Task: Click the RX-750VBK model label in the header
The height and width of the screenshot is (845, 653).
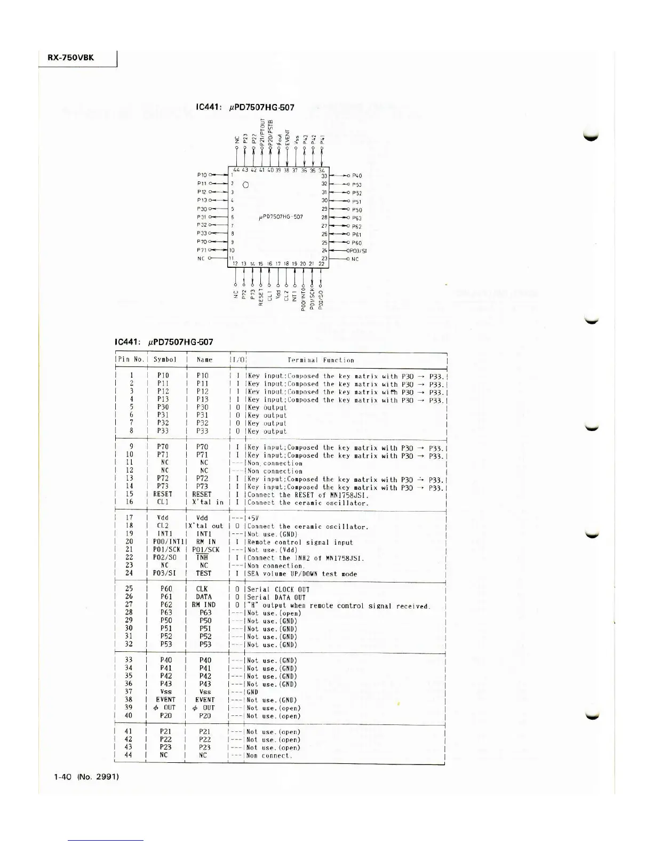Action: [x=71, y=58]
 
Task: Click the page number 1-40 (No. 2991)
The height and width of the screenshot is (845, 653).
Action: [x=86, y=777]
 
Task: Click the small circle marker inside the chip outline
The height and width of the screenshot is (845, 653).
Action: [x=245, y=185]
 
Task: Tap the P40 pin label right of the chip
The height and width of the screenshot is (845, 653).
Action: [x=357, y=176]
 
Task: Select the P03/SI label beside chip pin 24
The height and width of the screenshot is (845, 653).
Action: [x=357, y=251]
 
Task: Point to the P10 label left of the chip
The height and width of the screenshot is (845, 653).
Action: [x=202, y=175]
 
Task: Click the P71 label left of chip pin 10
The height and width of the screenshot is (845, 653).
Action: [x=202, y=250]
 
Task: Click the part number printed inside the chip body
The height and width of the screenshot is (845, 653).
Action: [x=281, y=217]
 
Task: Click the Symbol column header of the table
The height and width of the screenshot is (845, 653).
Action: [x=164, y=360]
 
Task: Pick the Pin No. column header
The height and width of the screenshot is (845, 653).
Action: [x=131, y=360]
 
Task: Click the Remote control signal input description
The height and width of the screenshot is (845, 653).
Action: [x=300, y=542]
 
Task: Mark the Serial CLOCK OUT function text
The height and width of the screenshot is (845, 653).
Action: [x=278, y=589]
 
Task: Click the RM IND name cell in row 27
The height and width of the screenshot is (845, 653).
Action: [x=204, y=605]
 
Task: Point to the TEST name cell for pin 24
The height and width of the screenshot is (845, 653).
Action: [x=203, y=573]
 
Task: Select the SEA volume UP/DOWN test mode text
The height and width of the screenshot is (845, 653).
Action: [x=302, y=574]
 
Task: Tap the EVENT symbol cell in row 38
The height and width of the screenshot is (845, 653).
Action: [x=165, y=700]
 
